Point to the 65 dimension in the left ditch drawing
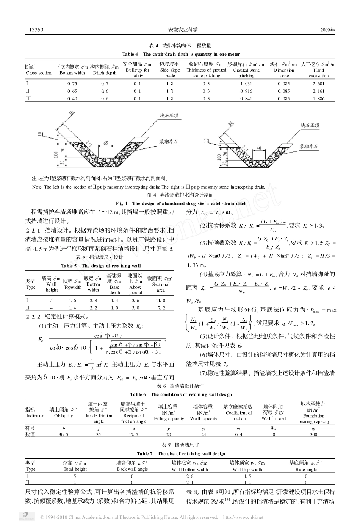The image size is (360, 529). [x=105, y=144]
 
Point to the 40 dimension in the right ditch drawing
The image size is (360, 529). [x=259, y=148]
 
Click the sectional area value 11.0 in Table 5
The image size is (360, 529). [x=161, y=300]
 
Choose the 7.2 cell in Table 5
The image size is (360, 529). [x=161, y=308]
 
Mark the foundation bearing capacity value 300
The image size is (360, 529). [x=313, y=434]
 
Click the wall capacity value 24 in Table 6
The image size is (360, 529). [x=203, y=434]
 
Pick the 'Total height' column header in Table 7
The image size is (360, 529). [x=75, y=469]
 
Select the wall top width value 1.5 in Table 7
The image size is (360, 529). [x=247, y=476]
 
